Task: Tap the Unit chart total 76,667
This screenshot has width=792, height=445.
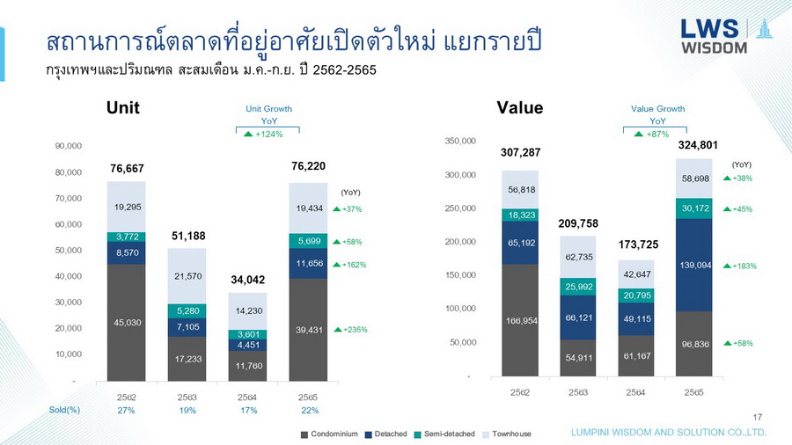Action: click(x=127, y=168)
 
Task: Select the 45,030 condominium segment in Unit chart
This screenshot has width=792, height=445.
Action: click(x=127, y=323)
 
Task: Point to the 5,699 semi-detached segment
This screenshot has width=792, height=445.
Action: click(x=309, y=241)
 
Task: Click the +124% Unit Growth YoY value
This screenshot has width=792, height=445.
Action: click(x=268, y=134)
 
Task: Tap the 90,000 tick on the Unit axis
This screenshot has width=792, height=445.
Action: click(x=68, y=146)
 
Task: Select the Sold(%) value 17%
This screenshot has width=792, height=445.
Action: click(x=248, y=410)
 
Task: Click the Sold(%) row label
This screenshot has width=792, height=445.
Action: click(x=64, y=410)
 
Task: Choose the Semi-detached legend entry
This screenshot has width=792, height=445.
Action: click(x=448, y=434)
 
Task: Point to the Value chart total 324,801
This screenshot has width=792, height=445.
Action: click(x=695, y=145)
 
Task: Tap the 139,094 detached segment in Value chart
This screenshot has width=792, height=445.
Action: click(x=695, y=265)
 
